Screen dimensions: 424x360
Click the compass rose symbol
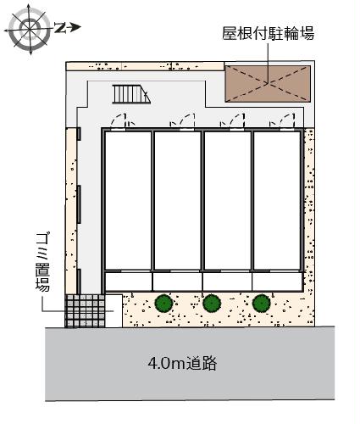pos(30,30)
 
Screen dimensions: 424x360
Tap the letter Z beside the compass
pos(62,28)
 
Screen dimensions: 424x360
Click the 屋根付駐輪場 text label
pos(269,34)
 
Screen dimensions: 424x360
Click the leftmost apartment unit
pos(127,199)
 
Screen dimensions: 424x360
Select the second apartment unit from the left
pos(177,199)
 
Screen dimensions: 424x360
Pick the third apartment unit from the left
pos(227,199)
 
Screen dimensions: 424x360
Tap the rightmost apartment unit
pos(277,199)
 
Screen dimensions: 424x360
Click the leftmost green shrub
pos(163,301)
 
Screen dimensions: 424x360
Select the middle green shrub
pos(212,301)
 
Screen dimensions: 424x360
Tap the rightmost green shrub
pos(261,301)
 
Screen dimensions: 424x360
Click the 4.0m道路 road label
pos(182,365)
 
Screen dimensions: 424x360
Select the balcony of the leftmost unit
pos(127,281)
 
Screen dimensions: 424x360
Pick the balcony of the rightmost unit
pos(277,281)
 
